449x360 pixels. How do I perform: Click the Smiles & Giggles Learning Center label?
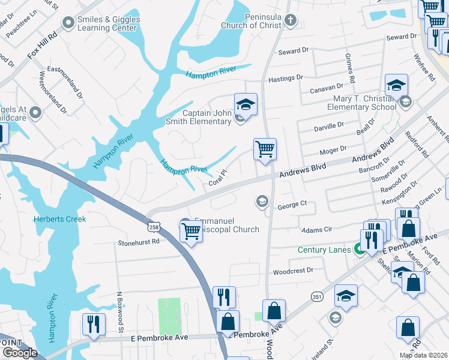(109, 24)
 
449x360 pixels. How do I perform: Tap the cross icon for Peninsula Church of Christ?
(290, 21)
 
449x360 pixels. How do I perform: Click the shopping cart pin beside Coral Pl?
(265, 149)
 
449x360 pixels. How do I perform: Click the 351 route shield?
(317, 296)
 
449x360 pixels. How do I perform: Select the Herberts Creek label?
(60, 219)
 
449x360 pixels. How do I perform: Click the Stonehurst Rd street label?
(139, 242)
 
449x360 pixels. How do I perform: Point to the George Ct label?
(292, 205)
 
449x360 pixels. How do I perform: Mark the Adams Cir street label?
(315, 229)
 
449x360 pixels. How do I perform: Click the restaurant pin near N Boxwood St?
(94, 325)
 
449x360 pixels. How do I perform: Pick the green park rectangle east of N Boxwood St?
(169, 316)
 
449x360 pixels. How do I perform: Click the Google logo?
(20, 353)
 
